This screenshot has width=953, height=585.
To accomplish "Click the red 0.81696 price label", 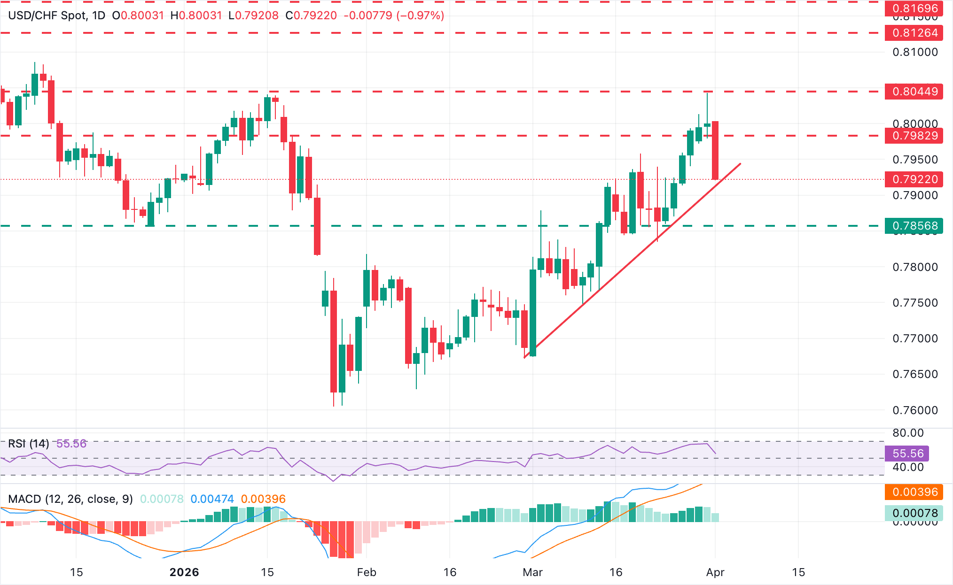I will [x=914, y=8].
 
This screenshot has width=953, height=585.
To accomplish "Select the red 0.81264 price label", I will [x=914, y=33].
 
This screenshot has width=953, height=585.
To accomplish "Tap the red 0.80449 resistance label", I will [x=914, y=92].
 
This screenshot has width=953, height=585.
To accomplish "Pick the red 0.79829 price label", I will [x=914, y=136].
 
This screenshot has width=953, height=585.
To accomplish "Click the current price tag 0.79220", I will [x=914, y=179].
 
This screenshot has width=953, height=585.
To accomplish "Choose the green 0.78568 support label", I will [x=914, y=226].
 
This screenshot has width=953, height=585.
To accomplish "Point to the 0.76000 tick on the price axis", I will [x=914, y=410].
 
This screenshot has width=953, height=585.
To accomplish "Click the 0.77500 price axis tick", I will [x=914, y=303].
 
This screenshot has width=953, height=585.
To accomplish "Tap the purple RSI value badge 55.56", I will [x=907, y=454].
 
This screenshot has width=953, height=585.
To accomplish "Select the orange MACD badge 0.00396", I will [x=914, y=492].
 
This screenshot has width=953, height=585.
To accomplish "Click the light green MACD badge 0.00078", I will [x=914, y=513].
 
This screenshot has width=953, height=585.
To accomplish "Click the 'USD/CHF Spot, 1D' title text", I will [x=57, y=15].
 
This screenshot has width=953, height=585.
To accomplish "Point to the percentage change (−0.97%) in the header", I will [x=420, y=15].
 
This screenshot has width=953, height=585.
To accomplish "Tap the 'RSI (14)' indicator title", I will [x=29, y=444].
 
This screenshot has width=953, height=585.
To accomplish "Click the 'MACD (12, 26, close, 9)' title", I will [x=70, y=499].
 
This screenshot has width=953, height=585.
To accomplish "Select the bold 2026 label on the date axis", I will [x=184, y=572].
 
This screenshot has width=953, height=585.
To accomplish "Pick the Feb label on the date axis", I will [x=367, y=572].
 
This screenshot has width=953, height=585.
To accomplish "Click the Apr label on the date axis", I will [x=715, y=572].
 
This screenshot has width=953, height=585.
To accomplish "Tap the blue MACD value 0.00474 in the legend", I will [x=212, y=499].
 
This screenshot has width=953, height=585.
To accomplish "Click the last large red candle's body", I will [x=715, y=150].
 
